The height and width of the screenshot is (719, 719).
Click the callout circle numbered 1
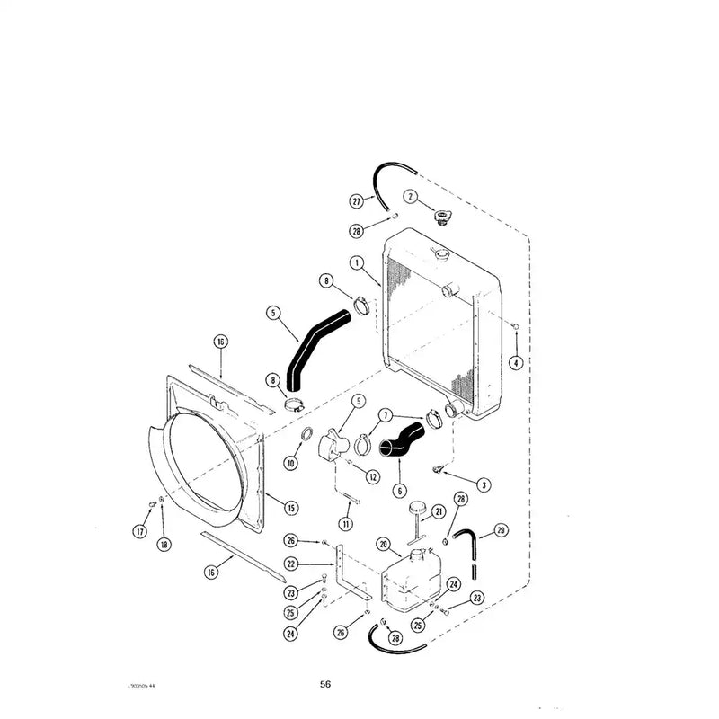tap(357, 264)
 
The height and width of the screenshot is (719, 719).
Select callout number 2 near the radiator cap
tap(410, 196)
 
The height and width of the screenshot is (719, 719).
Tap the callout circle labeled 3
tap(484, 485)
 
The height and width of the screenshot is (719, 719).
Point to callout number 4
tap(515, 363)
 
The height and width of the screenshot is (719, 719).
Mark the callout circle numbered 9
tap(358, 401)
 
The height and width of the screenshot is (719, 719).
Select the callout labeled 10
tap(290, 462)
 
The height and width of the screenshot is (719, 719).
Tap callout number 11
tap(345, 523)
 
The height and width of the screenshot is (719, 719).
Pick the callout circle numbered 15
tap(290, 509)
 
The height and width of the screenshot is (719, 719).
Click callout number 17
tap(139, 532)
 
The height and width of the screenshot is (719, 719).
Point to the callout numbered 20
tap(382, 544)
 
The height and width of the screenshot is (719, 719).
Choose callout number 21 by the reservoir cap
tap(439, 512)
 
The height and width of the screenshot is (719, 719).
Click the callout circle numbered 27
tap(356, 200)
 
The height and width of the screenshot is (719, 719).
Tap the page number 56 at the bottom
tap(325, 684)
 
